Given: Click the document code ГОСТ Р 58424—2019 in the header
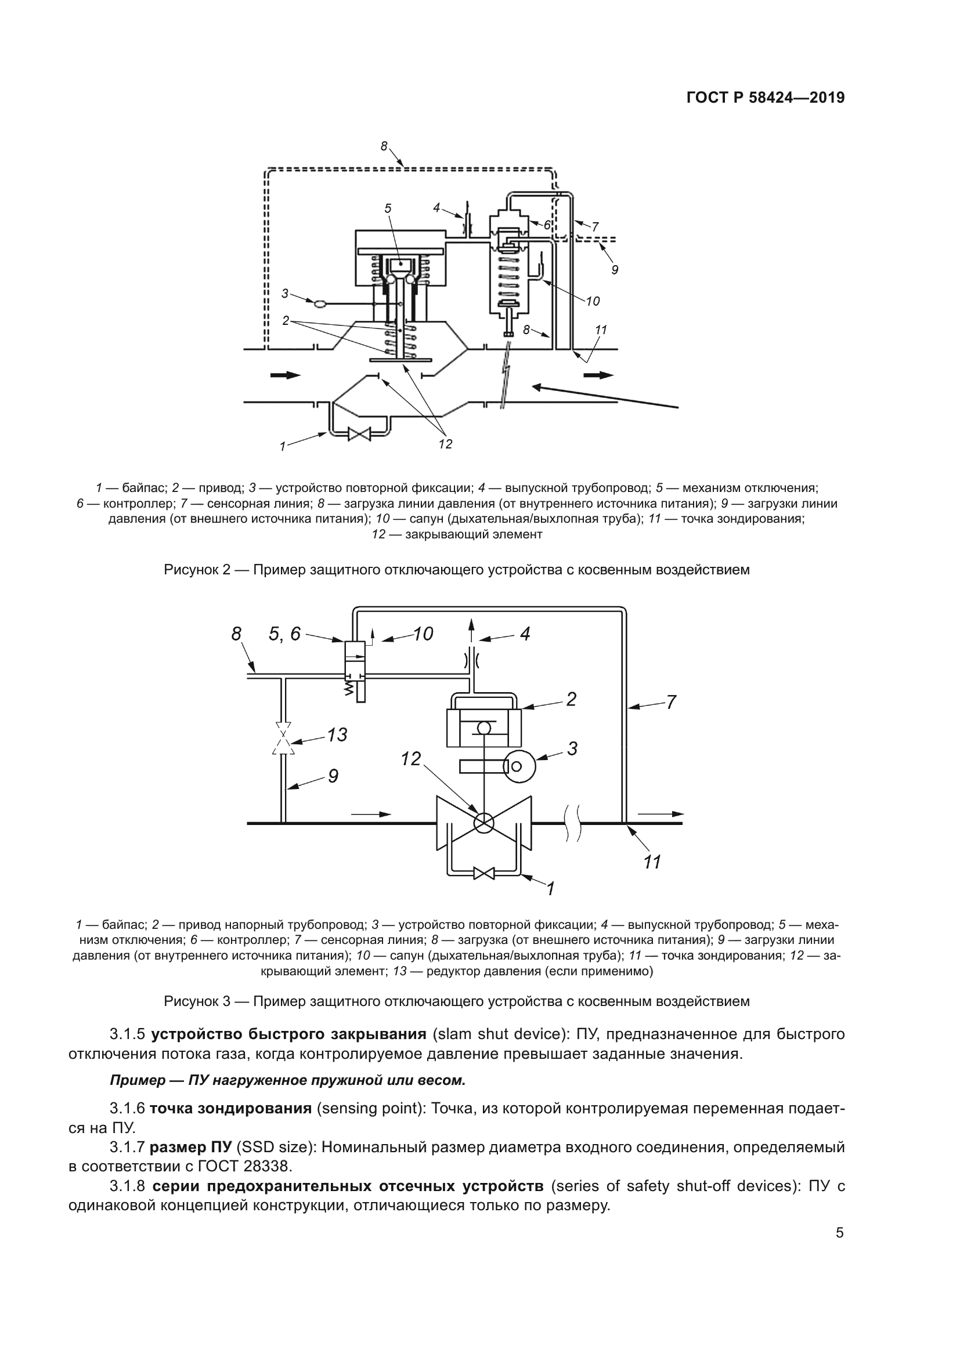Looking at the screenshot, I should pyautogui.click(x=766, y=97).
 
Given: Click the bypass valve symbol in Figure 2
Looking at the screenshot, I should pyautogui.click(x=359, y=435).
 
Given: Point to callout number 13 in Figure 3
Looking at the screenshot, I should pyautogui.click(x=337, y=735).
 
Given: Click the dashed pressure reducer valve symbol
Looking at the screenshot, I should pyautogui.click(x=283, y=738).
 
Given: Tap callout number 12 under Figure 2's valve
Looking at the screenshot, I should pyautogui.click(x=445, y=444).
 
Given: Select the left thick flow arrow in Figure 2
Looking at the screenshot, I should pyautogui.click(x=286, y=375).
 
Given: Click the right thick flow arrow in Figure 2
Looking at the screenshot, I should pyautogui.click(x=598, y=375).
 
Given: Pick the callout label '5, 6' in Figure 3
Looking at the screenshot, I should pyautogui.click(x=284, y=634).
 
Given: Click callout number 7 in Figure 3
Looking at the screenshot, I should pyautogui.click(x=671, y=703).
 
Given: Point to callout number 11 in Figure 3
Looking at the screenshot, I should pyautogui.click(x=652, y=862).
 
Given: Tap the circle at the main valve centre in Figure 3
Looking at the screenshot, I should pyautogui.click(x=483, y=822).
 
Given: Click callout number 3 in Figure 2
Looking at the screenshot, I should pyautogui.click(x=285, y=293).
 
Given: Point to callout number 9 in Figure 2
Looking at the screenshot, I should pyautogui.click(x=615, y=270).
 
